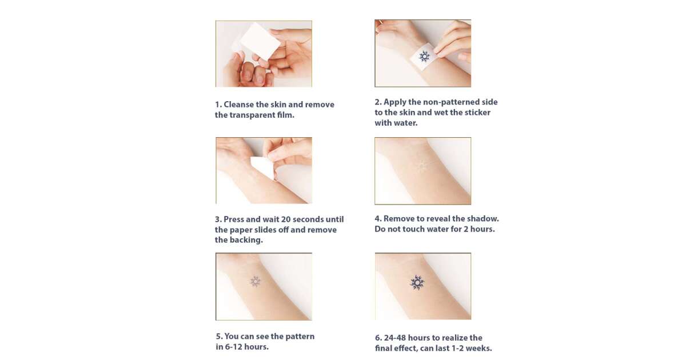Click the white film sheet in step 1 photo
(260, 41)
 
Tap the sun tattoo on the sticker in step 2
(424, 57)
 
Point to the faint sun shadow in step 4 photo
(422, 166)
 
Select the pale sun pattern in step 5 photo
(255, 281)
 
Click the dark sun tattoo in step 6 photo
(417, 282)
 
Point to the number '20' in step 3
(286, 219)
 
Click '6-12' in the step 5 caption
(236, 347)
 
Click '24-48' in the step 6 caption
(395, 338)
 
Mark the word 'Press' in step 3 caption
(234, 219)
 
